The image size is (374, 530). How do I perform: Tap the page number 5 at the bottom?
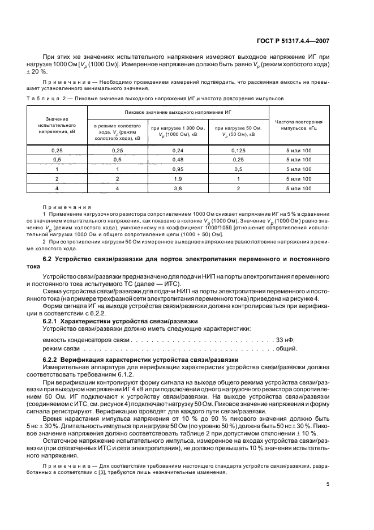pyautogui.click(x=328, y=484)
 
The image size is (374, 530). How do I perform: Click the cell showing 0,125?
pyautogui.click(x=237, y=151)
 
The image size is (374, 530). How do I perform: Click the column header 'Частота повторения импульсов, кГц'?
pyautogui.click(x=299, y=125)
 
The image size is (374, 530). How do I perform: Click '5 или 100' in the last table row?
pyautogui.click(x=299, y=188)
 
